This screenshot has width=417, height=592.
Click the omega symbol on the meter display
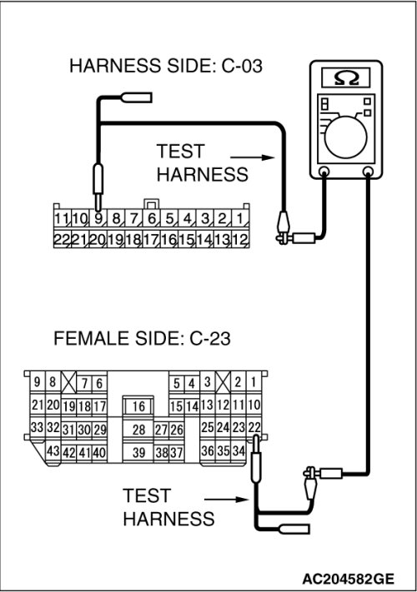coord(346,77)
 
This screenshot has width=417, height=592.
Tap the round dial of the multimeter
coord(345,137)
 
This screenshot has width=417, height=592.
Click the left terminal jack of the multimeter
coord(324,172)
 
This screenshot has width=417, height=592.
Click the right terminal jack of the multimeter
coord(368,172)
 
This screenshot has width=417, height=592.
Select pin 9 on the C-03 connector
coord(98,219)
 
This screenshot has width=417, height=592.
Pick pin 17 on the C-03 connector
coord(151,239)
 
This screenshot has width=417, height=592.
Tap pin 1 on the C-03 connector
coord(240,219)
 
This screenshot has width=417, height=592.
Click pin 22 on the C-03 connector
coord(62,239)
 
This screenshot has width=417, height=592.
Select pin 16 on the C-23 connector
coord(138,406)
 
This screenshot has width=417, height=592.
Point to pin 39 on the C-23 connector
coord(138,452)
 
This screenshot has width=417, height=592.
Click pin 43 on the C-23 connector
coord(53,450)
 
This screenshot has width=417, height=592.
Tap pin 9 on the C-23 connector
coord(37,382)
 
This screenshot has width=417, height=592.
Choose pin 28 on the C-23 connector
coord(138,430)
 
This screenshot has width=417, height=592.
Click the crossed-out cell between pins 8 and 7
coord(68,382)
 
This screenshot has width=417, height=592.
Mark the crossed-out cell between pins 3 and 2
coord(223,382)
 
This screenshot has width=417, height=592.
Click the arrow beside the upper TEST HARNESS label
coord(252,157)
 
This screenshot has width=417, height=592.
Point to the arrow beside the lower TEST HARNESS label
coord(227,500)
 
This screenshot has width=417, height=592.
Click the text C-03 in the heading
coord(242,66)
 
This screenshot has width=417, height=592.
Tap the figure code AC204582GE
coord(348,579)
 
